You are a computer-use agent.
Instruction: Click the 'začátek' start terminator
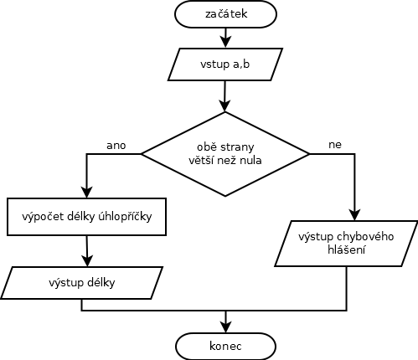pyautogui.click(x=225, y=14)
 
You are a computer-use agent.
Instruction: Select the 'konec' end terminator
pyautogui.click(x=225, y=346)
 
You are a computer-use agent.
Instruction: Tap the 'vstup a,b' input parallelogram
pyautogui.click(x=225, y=64)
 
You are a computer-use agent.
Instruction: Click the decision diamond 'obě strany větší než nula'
pyautogui.click(x=225, y=154)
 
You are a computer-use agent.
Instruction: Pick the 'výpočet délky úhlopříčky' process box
pyautogui.click(x=86, y=217)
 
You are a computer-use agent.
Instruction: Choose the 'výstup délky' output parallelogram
pyautogui.click(x=81, y=283)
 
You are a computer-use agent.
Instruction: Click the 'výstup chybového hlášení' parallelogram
pyautogui.click(x=346, y=244)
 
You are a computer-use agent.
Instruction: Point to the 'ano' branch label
pyautogui.click(x=116, y=146)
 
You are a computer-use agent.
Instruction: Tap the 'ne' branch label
pyautogui.click(x=335, y=145)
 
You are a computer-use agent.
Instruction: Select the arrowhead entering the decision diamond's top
pyautogui.click(x=224, y=106)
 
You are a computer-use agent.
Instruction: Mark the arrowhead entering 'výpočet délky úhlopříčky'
pyautogui.click(x=86, y=193)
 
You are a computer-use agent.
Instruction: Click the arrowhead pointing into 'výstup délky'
pyautogui.click(x=87, y=261)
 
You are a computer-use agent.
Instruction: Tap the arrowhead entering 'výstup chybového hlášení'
pyautogui.click(x=355, y=215)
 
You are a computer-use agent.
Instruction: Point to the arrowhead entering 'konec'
pyautogui.click(x=225, y=327)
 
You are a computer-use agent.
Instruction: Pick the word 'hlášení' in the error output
pyautogui.click(x=346, y=249)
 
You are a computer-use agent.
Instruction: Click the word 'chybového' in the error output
pyautogui.click(x=365, y=237)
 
